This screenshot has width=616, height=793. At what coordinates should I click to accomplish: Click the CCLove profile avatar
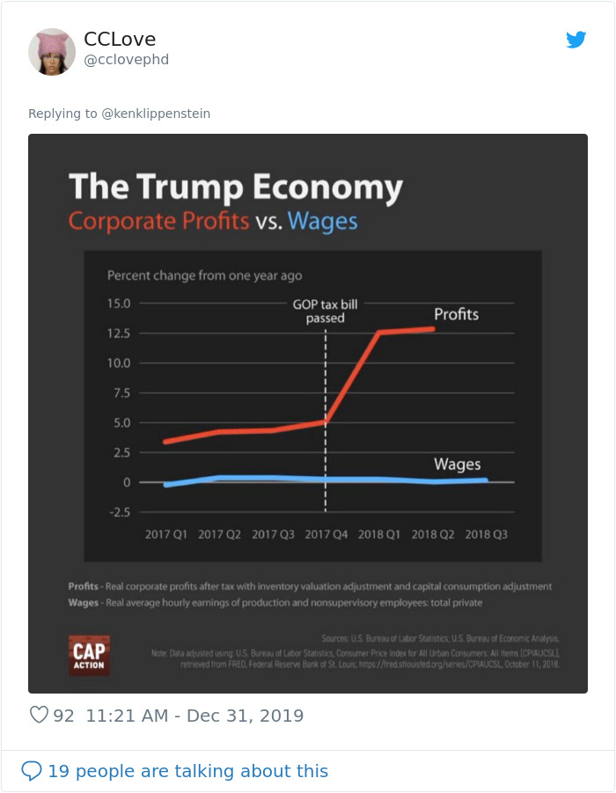click(x=52, y=52)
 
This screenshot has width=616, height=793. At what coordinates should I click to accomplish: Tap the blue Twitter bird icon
click(x=576, y=40)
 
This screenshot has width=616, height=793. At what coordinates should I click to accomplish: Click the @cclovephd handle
click(x=126, y=60)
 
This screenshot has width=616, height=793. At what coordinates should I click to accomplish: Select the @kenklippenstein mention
click(x=156, y=114)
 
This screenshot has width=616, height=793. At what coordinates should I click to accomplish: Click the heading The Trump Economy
click(x=235, y=187)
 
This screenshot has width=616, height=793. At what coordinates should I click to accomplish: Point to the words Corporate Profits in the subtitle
click(x=158, y=220)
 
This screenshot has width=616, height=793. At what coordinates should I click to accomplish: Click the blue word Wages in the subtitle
click(x=322, y=220)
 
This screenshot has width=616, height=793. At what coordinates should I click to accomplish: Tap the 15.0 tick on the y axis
click(x=119, y=304)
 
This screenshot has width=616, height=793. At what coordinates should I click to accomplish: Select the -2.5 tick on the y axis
click(x=119, y=511)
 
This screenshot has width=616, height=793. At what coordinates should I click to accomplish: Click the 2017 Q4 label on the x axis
click(x=326, y=534)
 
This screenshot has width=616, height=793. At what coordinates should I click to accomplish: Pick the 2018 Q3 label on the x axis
click(x=486, y=534)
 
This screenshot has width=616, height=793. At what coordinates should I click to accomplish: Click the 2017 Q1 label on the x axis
click(x=166, y=534)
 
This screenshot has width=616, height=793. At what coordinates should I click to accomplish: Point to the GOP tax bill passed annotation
click(x=326, y=311)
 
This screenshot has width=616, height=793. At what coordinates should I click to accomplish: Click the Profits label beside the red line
click(x=456, y=314)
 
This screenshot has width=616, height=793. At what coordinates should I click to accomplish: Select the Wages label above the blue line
click(x=457, y=465)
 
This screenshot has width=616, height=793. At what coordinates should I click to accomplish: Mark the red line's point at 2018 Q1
click(x=379, y=332)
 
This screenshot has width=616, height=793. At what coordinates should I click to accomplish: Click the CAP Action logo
click(x=89, y=655)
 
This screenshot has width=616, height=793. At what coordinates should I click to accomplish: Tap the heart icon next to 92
click(x=39, y=715)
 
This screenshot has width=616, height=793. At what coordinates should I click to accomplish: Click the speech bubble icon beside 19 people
click(x=32, y=771)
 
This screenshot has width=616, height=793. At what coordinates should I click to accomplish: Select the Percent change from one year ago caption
click(x=204, y=275)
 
